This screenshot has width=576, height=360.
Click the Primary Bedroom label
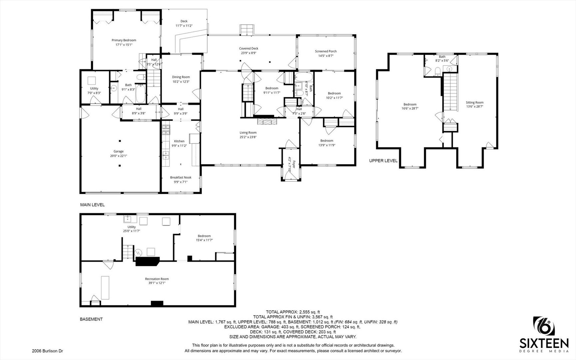click(124, 40)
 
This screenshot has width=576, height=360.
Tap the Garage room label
click(119, 151)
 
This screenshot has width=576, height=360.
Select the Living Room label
click(248, 133)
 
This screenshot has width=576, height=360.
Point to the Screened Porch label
click(326, 51)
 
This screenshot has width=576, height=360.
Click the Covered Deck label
click(249, 48)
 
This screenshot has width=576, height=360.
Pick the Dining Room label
click(181, 77)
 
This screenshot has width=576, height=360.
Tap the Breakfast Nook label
click(181, 178)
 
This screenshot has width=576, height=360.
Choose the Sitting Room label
click(475, 103)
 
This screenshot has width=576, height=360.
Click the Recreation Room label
click(157, 279)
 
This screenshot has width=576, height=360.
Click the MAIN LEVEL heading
click(92, 205)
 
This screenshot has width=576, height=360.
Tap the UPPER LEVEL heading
click(383, 161)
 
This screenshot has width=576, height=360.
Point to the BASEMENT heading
click(91, 319)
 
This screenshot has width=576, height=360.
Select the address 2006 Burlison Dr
click(47, 351)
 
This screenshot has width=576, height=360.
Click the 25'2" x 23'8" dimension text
click(248, 137)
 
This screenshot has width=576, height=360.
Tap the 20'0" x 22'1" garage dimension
click(119, 156)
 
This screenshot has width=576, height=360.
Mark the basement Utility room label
click(132, 227)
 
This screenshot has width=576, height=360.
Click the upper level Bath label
click(442, 57)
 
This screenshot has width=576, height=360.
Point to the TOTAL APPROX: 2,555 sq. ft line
click(293, 312)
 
